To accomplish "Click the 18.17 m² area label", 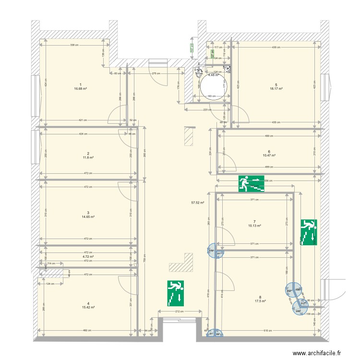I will (x=276, y=88).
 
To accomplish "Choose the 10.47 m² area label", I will (x=269, y=156).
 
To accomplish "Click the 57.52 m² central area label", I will (x=198, y=203).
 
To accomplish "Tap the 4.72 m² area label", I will (x=87, y=257).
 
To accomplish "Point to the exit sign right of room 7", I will (x=309, y=232).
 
